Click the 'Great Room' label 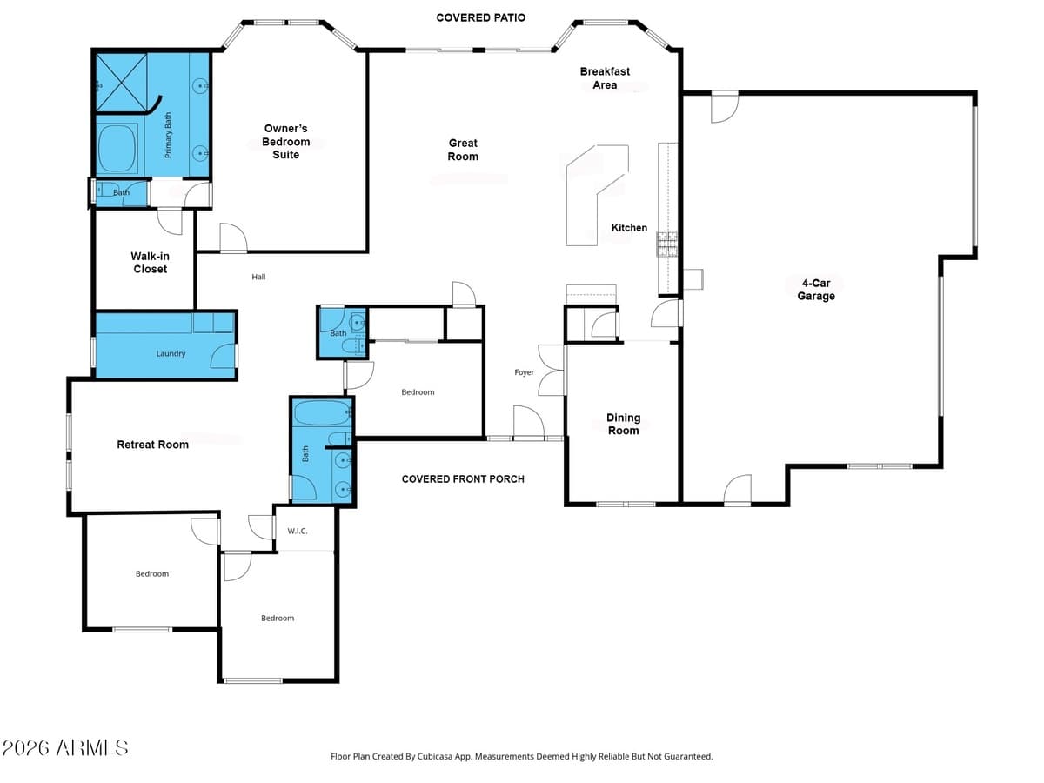coord(463,150)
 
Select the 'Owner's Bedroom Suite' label coord(286,142)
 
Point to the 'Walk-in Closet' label coord(150,263)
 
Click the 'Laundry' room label coord(171,354)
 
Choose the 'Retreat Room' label coord(153,445)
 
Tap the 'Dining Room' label coord(623,425)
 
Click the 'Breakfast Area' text coord(605,78)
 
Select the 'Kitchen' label coord(629,228)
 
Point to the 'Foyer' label coord(524,372)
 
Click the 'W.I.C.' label coord(297,531)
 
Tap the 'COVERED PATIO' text coord(480,17)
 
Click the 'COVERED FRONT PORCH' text coord(463,479)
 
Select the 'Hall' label coord(258,277)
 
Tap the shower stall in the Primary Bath coord(120,82)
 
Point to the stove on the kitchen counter coord(667,244)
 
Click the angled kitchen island coord(596,193)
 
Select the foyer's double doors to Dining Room coord(550,372)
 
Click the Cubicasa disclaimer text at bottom coord(522,757)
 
